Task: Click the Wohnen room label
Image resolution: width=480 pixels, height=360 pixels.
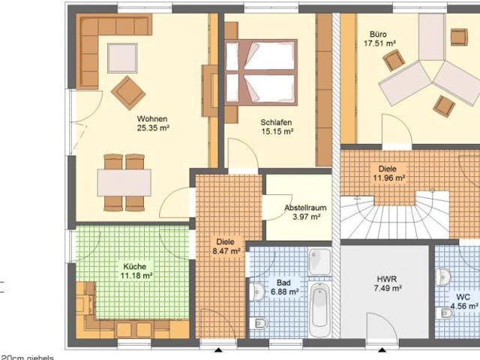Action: pyautogui.click(x=151, y=118)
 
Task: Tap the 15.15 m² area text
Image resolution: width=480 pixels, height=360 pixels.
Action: pyautogui.click(x=277, y=131)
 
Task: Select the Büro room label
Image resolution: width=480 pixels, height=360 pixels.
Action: pyautogui.click(x=378, y=34)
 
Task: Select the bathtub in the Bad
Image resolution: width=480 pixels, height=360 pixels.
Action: pyautogui.click(x=319, y=305)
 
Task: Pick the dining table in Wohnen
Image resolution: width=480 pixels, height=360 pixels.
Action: pyautogui.click(x=124, y=182)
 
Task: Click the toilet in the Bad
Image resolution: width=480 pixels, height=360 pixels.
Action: pyautogui.click(x=259, y=324)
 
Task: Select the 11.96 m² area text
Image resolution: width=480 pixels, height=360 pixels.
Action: pyautogui.click(x=389, y=178)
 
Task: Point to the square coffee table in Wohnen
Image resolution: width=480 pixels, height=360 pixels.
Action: pyautogui.click(x=122, y=57)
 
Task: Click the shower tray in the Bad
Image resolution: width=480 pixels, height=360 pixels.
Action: pyautogui.click(x=319, y=261)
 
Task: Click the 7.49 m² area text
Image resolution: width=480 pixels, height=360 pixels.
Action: pyautogui.click(x=388, y=287)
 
